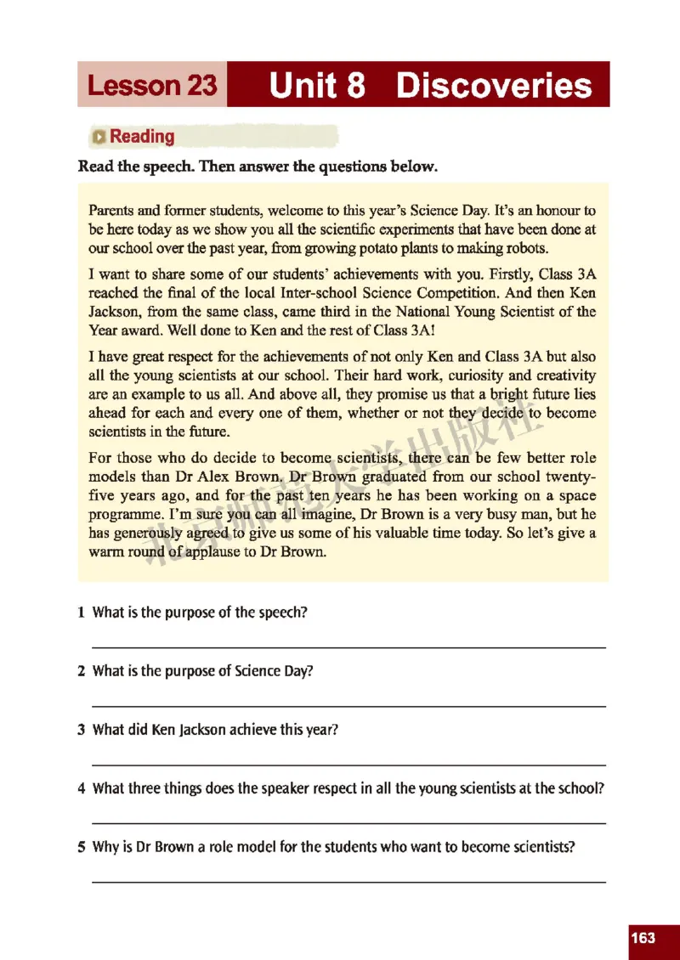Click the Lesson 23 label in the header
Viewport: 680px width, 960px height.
tap(152, 86)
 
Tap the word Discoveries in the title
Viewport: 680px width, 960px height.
tap(494, 86)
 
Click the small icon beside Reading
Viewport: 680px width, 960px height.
tap(100, 137)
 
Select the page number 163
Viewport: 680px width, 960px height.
tap(643, 938)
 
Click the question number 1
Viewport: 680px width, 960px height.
tap(81, 613)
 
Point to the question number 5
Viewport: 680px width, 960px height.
tap(81, 846)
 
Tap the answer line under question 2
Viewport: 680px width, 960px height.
tap(348, 706)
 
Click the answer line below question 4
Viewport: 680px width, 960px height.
tap(348, 822)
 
